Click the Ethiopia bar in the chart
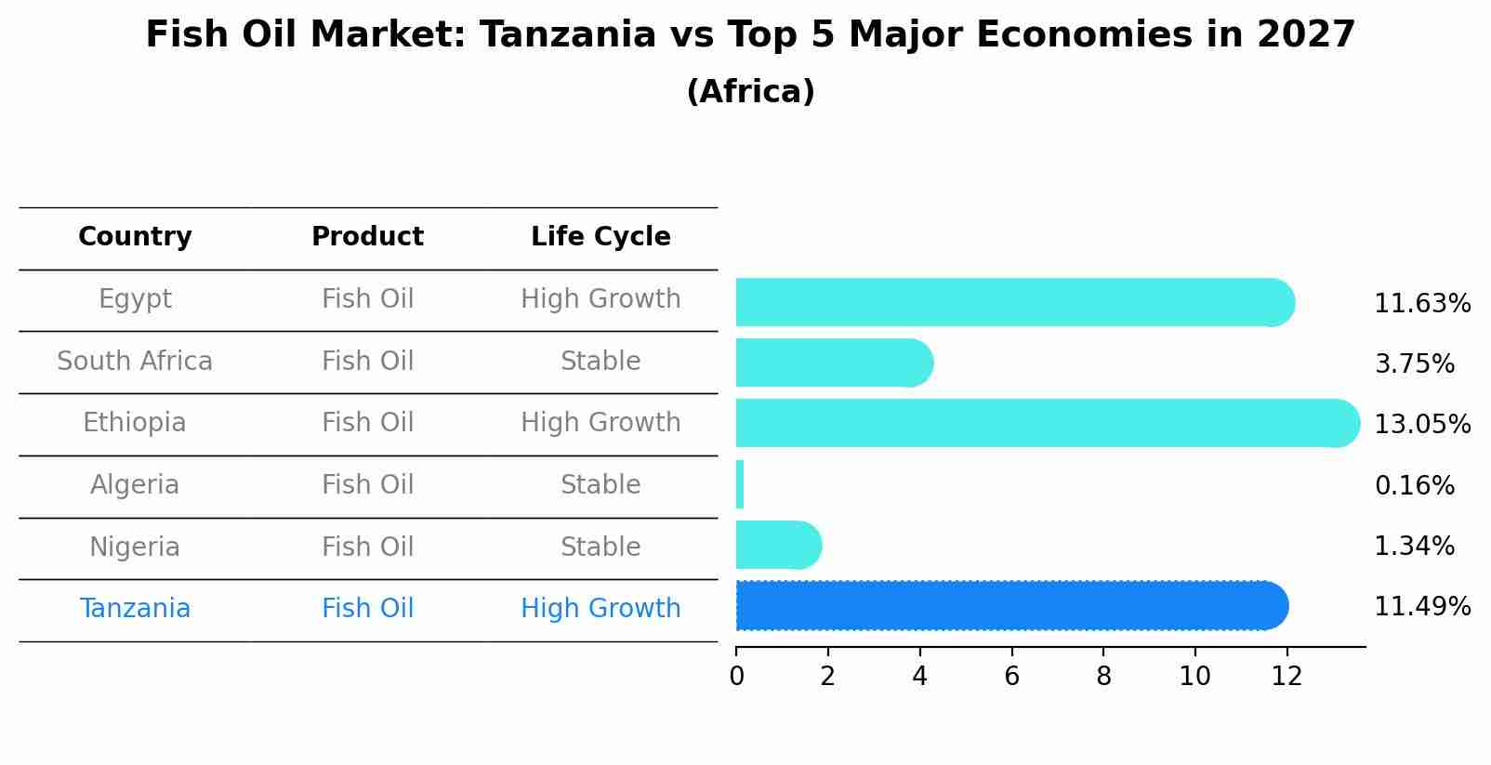tap(1048, 423)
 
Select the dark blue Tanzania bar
tap(1012, 605)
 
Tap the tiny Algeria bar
tap(740, 484)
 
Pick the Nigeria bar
tap(779, 545)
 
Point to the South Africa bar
tap(835, 363)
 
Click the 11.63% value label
tap(1422, 304)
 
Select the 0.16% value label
tap(1415, 485)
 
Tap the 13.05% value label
tap(1422, 424)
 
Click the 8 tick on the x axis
tap(1103, 677)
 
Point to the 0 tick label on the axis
tap(737, 677)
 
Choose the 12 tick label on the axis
tap(1286, 677)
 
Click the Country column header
tap(135, 237)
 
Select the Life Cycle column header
tap(600, 237)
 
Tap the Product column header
tap(367, 237)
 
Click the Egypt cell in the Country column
tap(135, 299)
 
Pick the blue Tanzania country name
tap(135, 609)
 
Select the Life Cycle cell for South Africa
tap(600, 361)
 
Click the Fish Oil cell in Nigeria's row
tap(367, 547)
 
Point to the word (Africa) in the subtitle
tap(750, 92)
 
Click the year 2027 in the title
tap(1306, 34)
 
